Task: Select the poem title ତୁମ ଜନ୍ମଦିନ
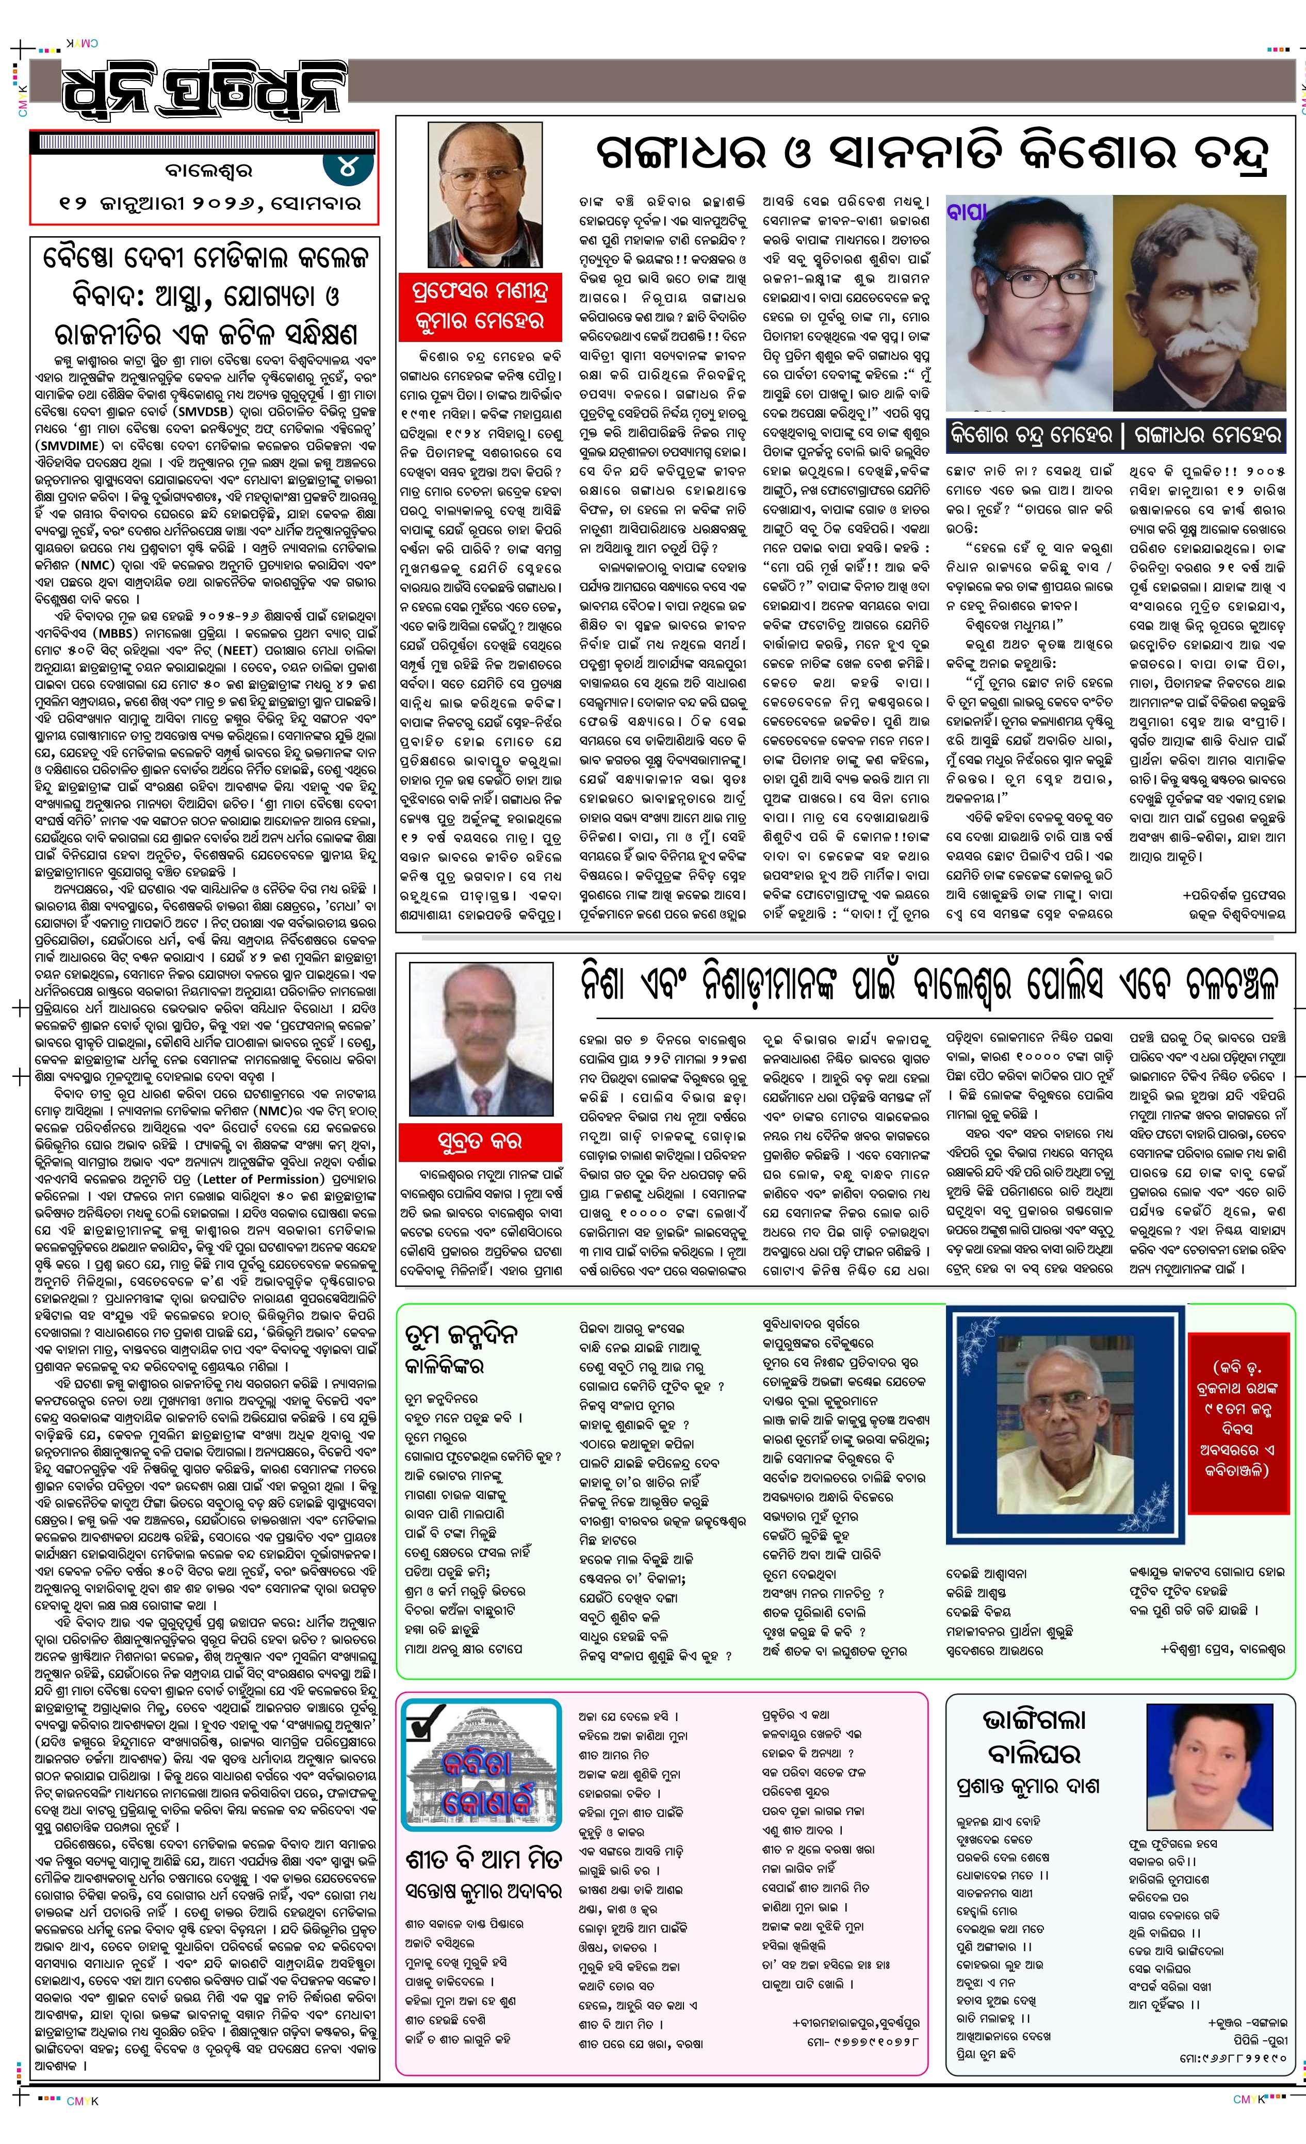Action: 461,1334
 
